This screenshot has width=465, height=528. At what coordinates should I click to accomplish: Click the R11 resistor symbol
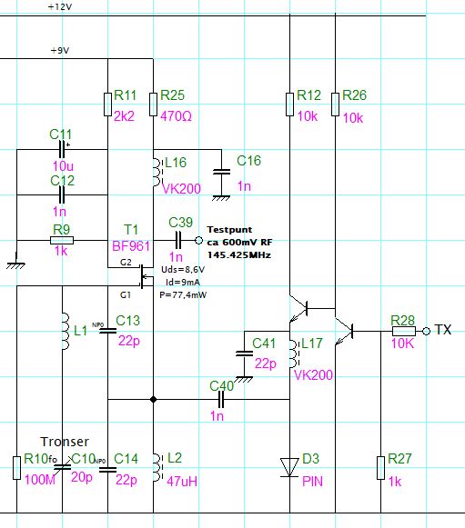tap(107, 105)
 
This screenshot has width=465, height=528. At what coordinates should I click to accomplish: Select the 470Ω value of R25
tap(176, 116)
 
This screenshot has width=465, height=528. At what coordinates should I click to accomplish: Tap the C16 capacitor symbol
tap(221, 172)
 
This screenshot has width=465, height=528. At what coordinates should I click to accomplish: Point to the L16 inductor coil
tap(157, 173)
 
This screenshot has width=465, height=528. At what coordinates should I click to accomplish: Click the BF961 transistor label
tap(131, 246)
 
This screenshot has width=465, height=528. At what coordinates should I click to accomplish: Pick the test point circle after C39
tap(199, 241)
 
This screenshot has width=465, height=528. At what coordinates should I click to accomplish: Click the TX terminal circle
tap(426, 331)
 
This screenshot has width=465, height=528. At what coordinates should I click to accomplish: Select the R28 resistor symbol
tap(404, 331)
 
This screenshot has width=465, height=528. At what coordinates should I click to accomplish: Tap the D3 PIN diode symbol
tap(289, 467)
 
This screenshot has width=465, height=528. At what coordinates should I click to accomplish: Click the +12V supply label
tap(60, 6)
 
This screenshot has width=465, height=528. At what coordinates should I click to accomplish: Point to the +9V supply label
tap(60, 51)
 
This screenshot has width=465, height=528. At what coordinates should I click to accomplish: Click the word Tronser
tap(65, 442)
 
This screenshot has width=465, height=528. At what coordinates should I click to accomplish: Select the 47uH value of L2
tap(182, 482)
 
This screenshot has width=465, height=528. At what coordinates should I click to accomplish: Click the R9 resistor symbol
tap(62, 241)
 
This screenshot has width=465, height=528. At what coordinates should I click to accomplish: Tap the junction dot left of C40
tap(153, 399)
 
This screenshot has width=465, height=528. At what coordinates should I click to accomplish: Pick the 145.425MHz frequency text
tap(239, 254)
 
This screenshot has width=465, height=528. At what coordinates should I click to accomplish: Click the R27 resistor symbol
tap(380, 468)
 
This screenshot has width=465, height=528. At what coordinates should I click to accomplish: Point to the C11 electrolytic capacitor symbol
tap(62, 150)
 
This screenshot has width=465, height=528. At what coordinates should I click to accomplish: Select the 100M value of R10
tap(40, 480)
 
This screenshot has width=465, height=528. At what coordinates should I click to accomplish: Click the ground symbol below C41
tap(244, 379)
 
